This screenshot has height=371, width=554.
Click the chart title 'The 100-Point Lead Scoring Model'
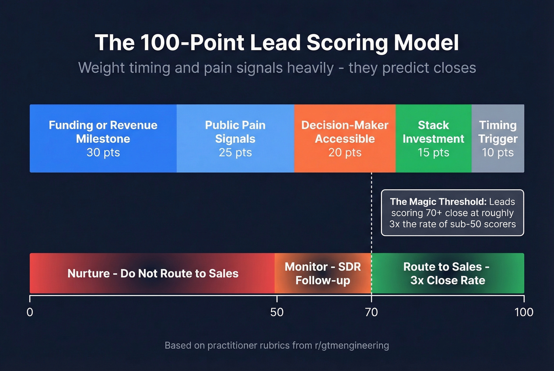click(277, 43)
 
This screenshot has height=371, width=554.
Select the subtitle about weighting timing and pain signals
click(277, 68)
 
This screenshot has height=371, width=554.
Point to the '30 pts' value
click(103, 153)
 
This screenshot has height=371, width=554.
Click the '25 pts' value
click(235, 153)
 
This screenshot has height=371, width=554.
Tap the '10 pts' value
click(498, 153)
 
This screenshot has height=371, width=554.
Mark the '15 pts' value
click(433, 153)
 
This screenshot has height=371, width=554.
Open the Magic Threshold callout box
click(452, 213)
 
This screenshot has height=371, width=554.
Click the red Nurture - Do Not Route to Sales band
click(153, 273)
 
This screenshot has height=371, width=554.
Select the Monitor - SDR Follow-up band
click(323, 273)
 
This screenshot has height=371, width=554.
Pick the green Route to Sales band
click(447, 273)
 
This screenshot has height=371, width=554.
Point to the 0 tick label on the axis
click(30, 313)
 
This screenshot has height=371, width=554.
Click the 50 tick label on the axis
click(277, 313)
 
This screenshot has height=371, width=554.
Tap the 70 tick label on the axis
click(371, 313)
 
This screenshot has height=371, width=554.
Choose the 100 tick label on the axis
click(524, 313)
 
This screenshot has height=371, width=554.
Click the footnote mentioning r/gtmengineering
click(277, 346)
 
